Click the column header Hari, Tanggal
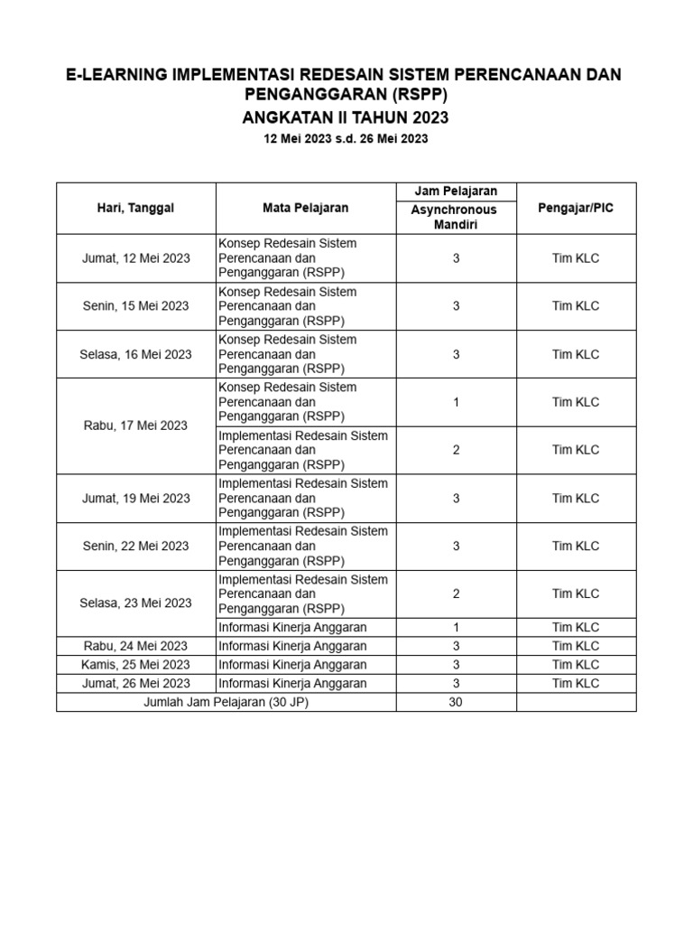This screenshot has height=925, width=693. click(x=135, y=208)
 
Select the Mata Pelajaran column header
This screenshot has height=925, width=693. click(x=305, y=208)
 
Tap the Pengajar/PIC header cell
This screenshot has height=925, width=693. click(x=575, y=208)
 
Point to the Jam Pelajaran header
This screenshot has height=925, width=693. click(x=456, y=191)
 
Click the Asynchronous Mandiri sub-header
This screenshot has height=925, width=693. click(x=456, y=217)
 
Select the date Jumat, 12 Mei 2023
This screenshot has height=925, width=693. click(x=135, y=258)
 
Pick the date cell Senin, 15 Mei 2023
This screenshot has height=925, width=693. click(x=135, y=306)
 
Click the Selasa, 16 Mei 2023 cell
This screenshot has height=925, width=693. click(x=135, y=354)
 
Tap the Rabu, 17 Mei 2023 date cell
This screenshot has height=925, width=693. click(x=135, y=425)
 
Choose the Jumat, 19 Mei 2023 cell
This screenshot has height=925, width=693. click(x=135, y=498)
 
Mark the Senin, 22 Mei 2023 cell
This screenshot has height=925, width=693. click(x=135, y=546)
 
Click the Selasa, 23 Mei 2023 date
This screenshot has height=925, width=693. click(x=135, y=603)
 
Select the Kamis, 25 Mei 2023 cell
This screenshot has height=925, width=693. click(x=135, y=665)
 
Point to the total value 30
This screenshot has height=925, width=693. click(x=456, y=702)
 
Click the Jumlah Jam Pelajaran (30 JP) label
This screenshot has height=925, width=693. click(x=226, y=702)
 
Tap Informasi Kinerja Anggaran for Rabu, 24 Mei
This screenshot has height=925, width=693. click(x=293, y=646)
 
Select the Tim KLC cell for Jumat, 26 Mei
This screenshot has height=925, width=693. click(x=575, y=684)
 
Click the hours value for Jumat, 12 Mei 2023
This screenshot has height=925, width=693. click(x=456, y=258)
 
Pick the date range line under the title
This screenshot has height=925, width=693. click(x=346, y=139)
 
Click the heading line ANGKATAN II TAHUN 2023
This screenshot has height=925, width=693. click(x=346, y=118)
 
